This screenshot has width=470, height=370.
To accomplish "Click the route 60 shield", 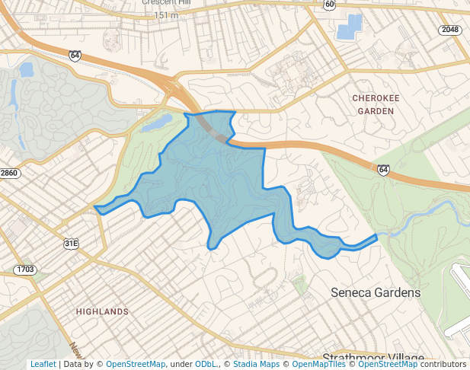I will [328, 5].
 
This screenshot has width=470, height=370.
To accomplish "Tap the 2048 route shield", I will [449, 29].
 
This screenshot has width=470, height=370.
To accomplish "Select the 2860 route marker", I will [8, 174].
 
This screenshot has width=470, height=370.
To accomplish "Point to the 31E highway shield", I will [71, 244].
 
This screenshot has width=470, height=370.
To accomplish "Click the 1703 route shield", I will [25, 270].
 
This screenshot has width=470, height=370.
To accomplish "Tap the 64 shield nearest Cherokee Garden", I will [383, 170].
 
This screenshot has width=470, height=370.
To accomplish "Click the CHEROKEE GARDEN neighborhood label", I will [372, 104].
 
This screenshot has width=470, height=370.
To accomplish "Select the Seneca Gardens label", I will [376, 292].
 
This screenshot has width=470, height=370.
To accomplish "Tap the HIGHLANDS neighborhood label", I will [102, 311].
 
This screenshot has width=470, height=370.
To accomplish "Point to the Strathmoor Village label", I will [372, 358].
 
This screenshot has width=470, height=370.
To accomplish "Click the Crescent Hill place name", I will [167, 2].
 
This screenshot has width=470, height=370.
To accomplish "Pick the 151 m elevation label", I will [167, 15].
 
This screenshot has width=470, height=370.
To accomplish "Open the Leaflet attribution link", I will [43, 364].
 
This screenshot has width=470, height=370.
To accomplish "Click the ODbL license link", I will [205, 364].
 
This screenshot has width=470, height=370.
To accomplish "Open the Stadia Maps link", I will [255, 364].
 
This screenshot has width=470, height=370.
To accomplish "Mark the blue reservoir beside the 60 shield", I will [349, 27].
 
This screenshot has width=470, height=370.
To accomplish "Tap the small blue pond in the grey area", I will [27, 70].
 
